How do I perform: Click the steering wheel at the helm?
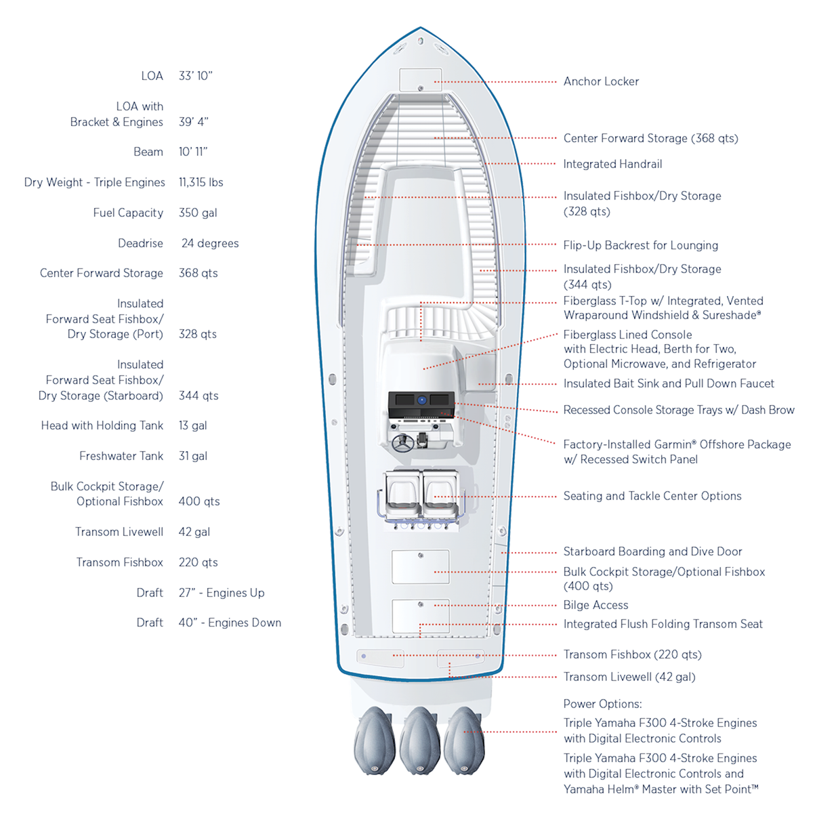pyautogui.click(x=403, y=444)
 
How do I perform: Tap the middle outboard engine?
pyautogui.click(x=420, y=740)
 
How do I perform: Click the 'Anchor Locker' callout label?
pyautogui.click(x=601, y=81)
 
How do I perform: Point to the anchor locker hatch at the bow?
pyautogui.click(x=420, y=79)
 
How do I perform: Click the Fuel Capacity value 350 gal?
pyautogui.click(x=198, y=213)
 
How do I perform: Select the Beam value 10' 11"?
pyautogui.click(x=193, y=152)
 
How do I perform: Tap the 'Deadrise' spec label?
pyautogui.click(x=140, y=243)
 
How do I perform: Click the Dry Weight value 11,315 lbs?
pyautogui.click(x=201, y=182)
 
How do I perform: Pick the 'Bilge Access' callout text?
pyautogui.click(x=595, y=605)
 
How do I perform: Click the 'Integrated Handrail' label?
pyautogui.click(x=612, y=164)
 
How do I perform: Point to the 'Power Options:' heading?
pyautogui.click(x=602, y=704)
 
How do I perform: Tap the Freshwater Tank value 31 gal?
pyautogui.click(x=193, y=456)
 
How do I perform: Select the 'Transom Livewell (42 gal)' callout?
pyautogui.click(x=629, y=677)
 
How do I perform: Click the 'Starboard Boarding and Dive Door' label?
pyautogui.click(x=652, y=551)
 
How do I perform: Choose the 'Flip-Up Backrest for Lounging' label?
pyautogui.click(x=640, y=245)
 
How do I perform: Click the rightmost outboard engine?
pyautogui.click(x=465, y=740)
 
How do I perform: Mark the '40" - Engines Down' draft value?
pyautogui.click(x=230, y=623)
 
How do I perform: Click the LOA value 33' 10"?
pyautogui.click(x=195, y=76)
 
